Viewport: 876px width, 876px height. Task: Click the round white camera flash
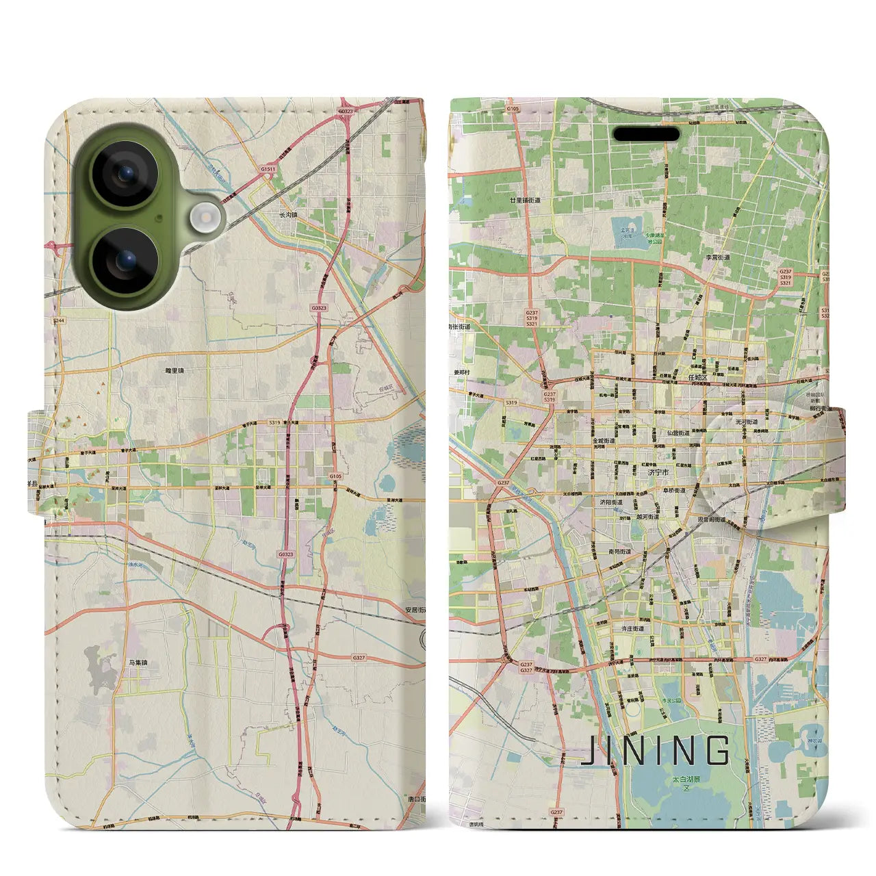pos(203,218)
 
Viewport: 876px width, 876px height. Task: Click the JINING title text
pos(655,751)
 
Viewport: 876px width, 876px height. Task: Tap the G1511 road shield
pos(268,169)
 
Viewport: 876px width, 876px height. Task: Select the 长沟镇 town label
pos(288,214)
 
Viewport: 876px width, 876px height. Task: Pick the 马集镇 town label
pos(138,662)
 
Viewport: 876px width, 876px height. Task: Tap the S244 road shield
pos(58,320)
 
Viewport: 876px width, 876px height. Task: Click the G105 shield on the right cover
pos(513,109)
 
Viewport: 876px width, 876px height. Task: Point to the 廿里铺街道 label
pos(525,201)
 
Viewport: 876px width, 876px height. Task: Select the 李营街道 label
pos(718,258)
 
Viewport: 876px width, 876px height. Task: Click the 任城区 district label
pos(697,377)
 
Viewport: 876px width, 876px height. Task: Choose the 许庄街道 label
pos(629,628)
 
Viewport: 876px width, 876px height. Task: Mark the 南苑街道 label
pos(620,551)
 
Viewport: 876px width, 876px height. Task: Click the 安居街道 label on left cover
pos(415,610)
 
